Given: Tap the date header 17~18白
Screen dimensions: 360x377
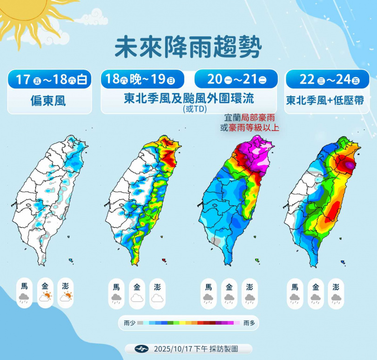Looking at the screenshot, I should (51, 79).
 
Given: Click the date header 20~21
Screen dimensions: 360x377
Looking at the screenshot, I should (237, 79).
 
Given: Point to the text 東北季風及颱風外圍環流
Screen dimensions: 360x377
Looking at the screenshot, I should (189, 99).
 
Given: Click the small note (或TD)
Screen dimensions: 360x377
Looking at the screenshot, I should (189, 110).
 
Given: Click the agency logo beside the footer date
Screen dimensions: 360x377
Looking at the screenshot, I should (140, 349).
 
